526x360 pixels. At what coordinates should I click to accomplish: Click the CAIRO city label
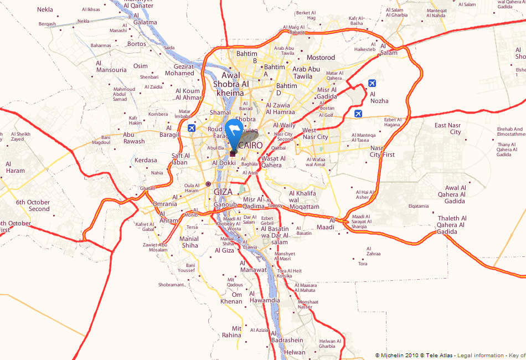251,145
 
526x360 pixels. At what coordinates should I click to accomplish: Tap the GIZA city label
223,192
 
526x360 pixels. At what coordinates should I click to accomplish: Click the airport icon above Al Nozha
372,84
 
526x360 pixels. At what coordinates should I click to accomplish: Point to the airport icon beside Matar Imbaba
192,128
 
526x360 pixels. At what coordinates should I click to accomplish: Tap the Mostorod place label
321,58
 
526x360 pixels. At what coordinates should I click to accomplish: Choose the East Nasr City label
448,128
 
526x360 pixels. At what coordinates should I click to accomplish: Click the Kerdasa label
146,161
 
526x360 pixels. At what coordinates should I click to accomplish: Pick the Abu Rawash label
133,137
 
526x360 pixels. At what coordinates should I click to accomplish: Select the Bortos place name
136,44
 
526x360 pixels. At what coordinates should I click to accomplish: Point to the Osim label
141,66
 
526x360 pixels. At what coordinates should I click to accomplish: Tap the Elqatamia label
419,206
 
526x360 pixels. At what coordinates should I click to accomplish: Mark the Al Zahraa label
373,250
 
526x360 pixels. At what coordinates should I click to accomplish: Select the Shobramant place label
171,285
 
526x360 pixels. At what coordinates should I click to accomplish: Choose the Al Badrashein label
287,337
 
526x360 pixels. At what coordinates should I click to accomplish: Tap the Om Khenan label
231,298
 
